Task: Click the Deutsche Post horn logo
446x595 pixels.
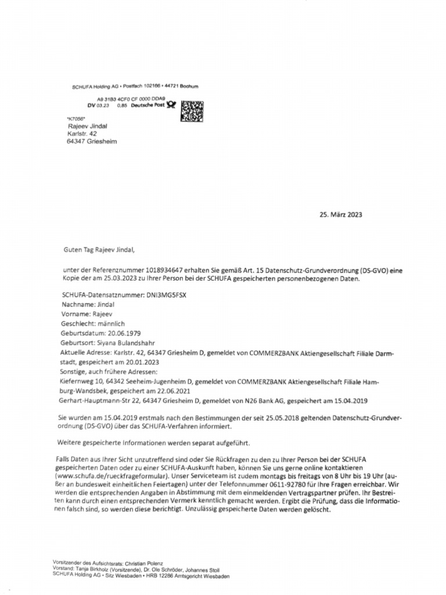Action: tap(171, 106)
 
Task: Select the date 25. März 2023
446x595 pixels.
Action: tap(341, 214)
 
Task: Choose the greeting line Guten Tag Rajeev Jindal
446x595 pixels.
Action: tap(99, 250)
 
